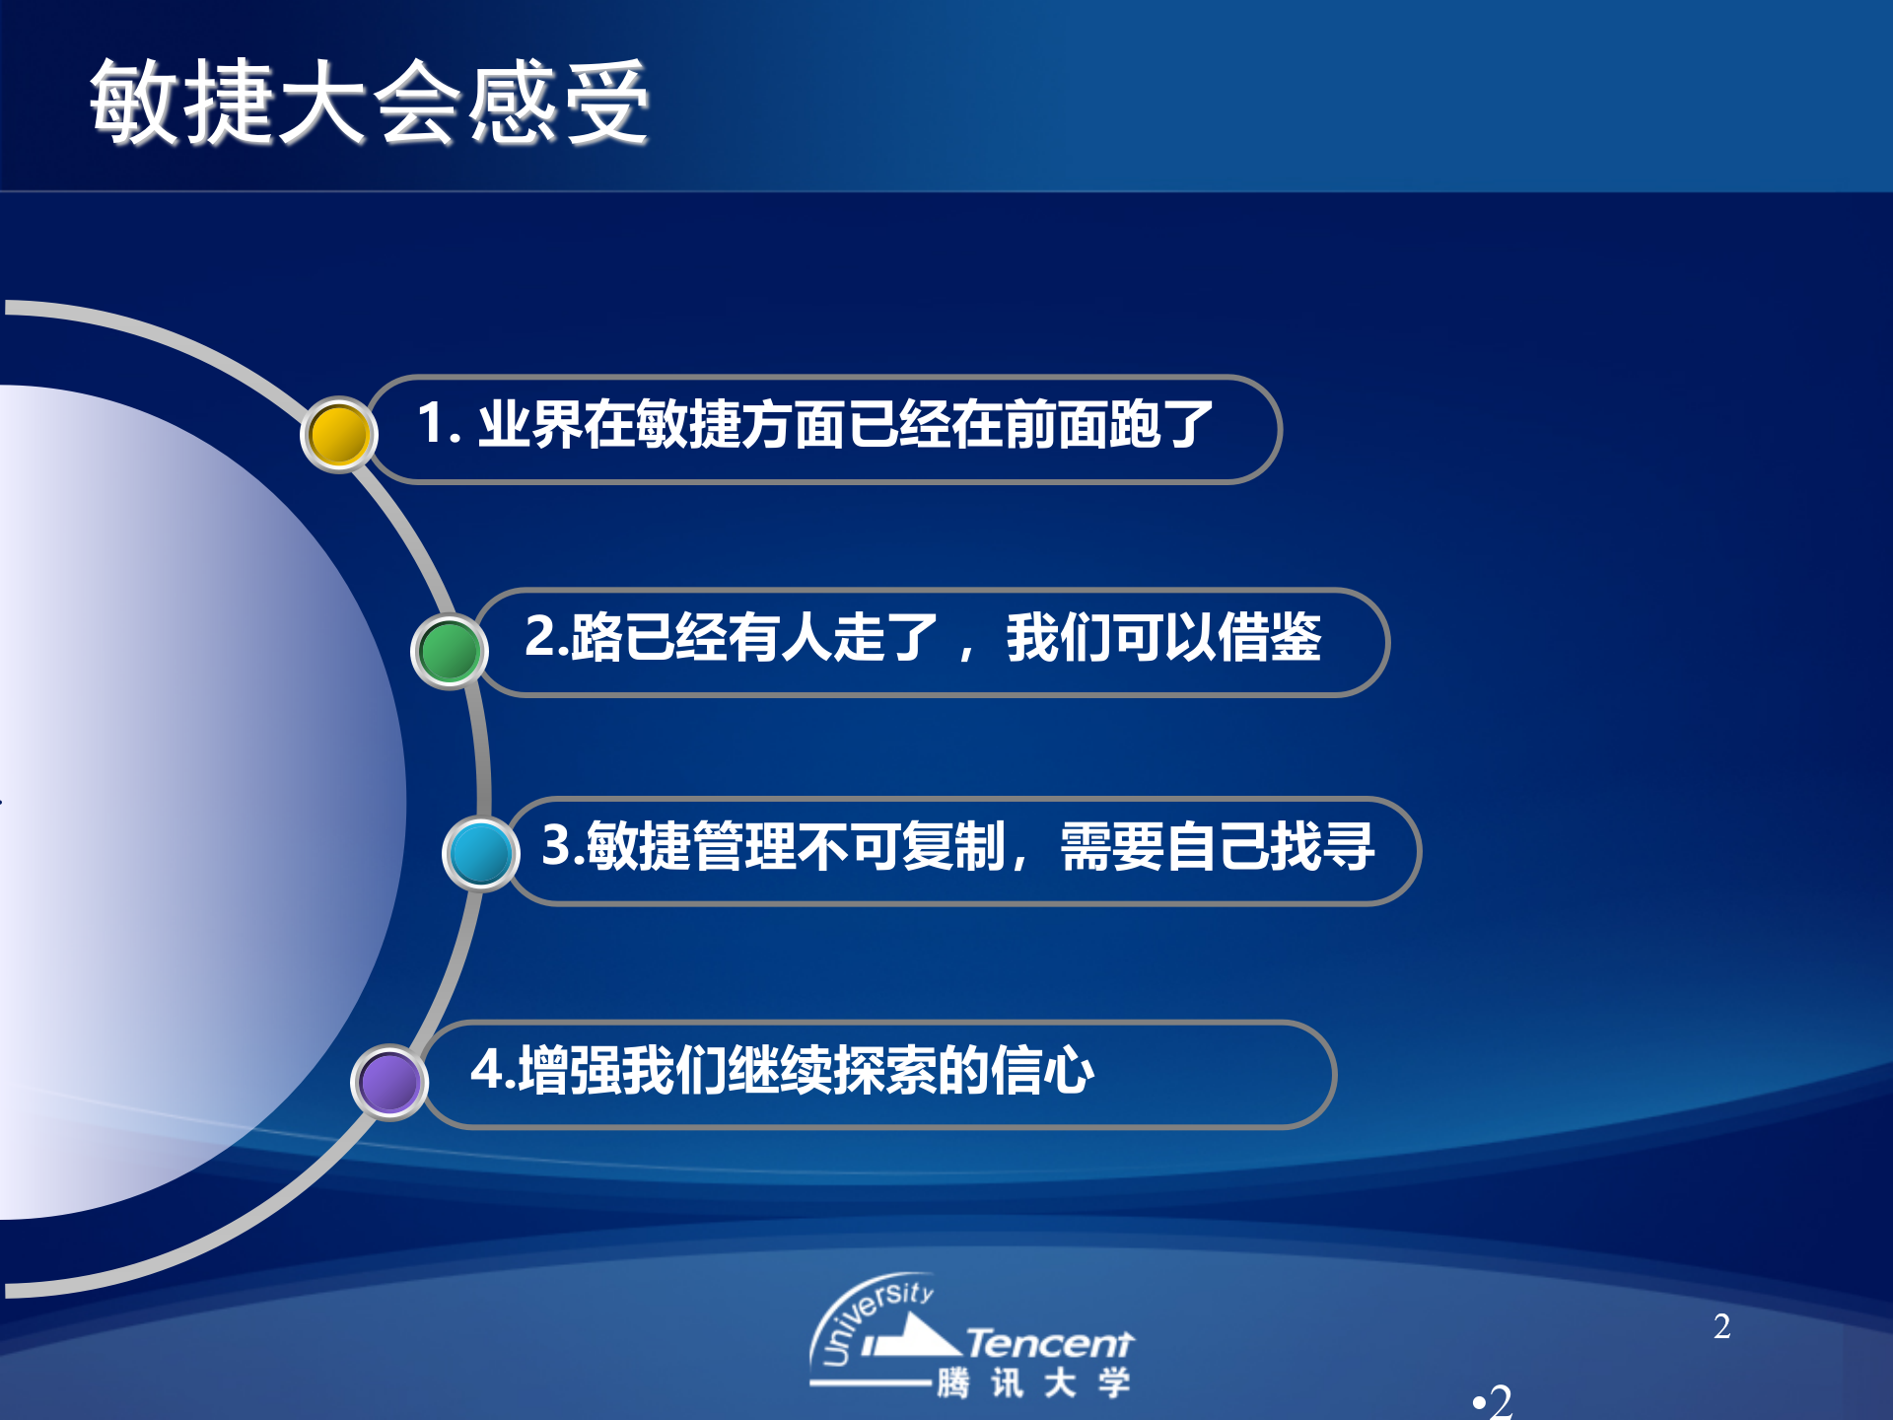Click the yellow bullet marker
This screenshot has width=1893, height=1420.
(x=338, y=435)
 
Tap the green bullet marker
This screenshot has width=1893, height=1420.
(x=449, y=651)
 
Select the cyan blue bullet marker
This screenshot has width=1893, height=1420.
(x=480, y=853)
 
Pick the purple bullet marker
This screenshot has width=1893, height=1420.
(x=388, y=1082)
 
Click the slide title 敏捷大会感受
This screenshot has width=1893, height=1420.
(x=369, y=103)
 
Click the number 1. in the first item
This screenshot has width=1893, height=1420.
(x=439, y=424)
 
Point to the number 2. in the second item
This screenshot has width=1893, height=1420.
(x=545, y=636)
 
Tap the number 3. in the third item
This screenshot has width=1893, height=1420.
(x=563, y=845)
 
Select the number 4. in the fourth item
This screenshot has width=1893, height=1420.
(x=492, y=1069)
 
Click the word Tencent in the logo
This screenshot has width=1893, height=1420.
(x=1049, y=1343)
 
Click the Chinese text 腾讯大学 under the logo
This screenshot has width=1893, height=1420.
(x=1033, y=1383)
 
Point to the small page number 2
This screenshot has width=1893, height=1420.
(x=1721, y=1327)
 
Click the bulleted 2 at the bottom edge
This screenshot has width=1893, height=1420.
(x=1496, y=1401)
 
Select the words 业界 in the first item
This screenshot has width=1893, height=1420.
(x=530, y=425)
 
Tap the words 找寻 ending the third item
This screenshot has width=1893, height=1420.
(x=1322, y=846)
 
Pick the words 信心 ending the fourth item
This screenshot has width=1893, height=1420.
(x=1042, y=1070)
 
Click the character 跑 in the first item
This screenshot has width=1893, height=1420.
(x=1134, y=425)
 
